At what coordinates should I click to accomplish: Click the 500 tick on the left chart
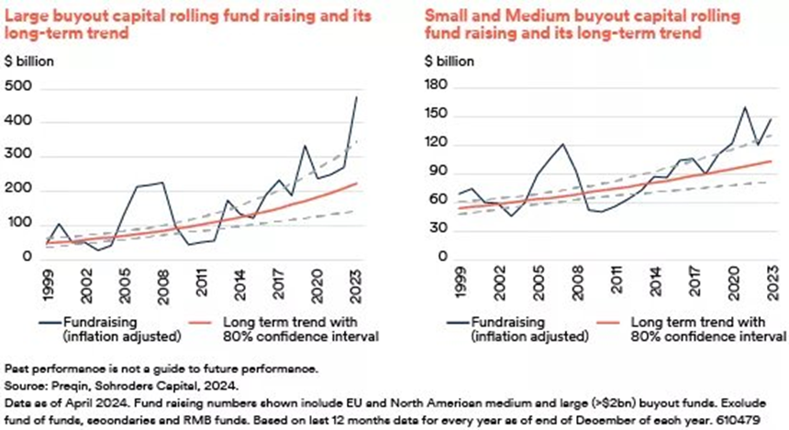click(x=17, y=86)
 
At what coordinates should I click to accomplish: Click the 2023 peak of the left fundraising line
click(x=355, y=96)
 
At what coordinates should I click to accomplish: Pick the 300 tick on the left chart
click(x=17, y=155)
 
